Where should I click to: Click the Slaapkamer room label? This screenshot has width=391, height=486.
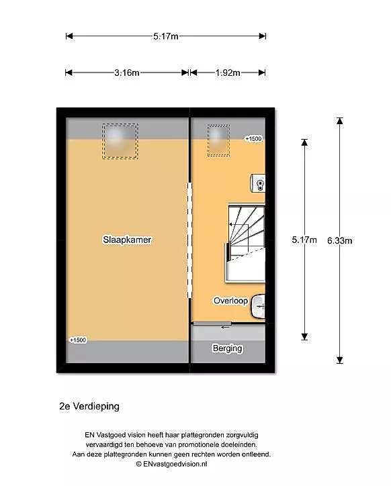127,240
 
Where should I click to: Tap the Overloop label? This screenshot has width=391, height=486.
230,301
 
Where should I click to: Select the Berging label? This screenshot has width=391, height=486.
227,348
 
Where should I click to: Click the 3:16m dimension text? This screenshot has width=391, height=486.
126,72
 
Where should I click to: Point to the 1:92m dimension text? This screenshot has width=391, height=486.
228,72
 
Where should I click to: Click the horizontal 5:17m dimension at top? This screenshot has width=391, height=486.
166,36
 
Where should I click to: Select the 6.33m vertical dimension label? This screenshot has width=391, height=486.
340,240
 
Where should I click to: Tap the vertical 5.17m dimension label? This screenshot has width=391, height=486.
304,240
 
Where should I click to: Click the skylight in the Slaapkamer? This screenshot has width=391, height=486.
120,142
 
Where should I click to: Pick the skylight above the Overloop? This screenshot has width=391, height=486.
218,140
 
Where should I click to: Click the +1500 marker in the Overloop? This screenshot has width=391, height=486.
253,138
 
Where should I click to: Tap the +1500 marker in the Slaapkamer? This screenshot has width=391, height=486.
78,340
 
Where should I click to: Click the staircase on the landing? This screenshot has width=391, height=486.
245,243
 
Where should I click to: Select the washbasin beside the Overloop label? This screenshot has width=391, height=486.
258,307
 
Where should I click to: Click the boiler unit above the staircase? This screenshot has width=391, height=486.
258,183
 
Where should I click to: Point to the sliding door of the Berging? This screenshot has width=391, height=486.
212,324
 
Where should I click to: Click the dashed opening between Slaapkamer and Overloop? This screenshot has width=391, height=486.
189,240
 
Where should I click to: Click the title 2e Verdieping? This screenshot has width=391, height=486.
89,406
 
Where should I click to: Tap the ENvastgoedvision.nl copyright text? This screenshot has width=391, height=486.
171,464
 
